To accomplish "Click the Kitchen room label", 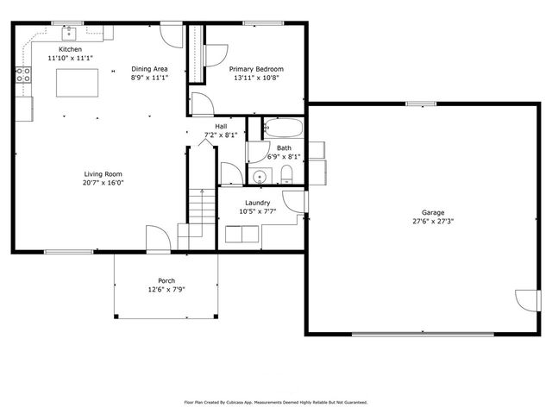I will pyautogui.click(x=70, y=49).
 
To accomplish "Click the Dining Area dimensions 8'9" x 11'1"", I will pyautogui.click(x=149, y=78).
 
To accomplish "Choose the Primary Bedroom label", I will pyautogui.click(x=255, y=69).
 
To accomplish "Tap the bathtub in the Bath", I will pyautogui.click(x=283, y=129).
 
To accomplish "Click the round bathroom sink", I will pyautogui.click(x=260, y=177).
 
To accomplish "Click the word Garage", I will pyautogui.click(x=433, y=212).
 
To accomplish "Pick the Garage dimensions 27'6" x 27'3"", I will pyautogui.click(x=433, y=221).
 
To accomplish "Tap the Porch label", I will pyautogui.click(x=166, y=280).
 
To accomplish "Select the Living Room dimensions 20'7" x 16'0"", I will pyautogui.click(x=104, y=182).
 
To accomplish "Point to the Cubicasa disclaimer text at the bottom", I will pyautogui.click(x=276, y=402).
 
